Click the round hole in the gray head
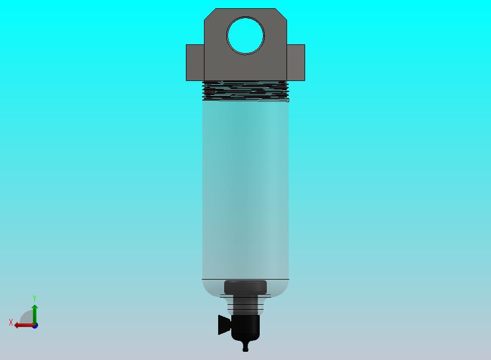245,36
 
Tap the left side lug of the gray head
195,62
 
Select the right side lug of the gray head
296,62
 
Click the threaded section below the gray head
245,91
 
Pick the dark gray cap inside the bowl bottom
245,287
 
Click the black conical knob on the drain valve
223,324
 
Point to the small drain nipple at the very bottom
245,346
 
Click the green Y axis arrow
34,313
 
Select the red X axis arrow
22,325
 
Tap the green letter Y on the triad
34,299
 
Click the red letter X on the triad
11,323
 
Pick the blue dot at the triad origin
35,326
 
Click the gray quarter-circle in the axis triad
27,318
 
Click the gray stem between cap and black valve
245,304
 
